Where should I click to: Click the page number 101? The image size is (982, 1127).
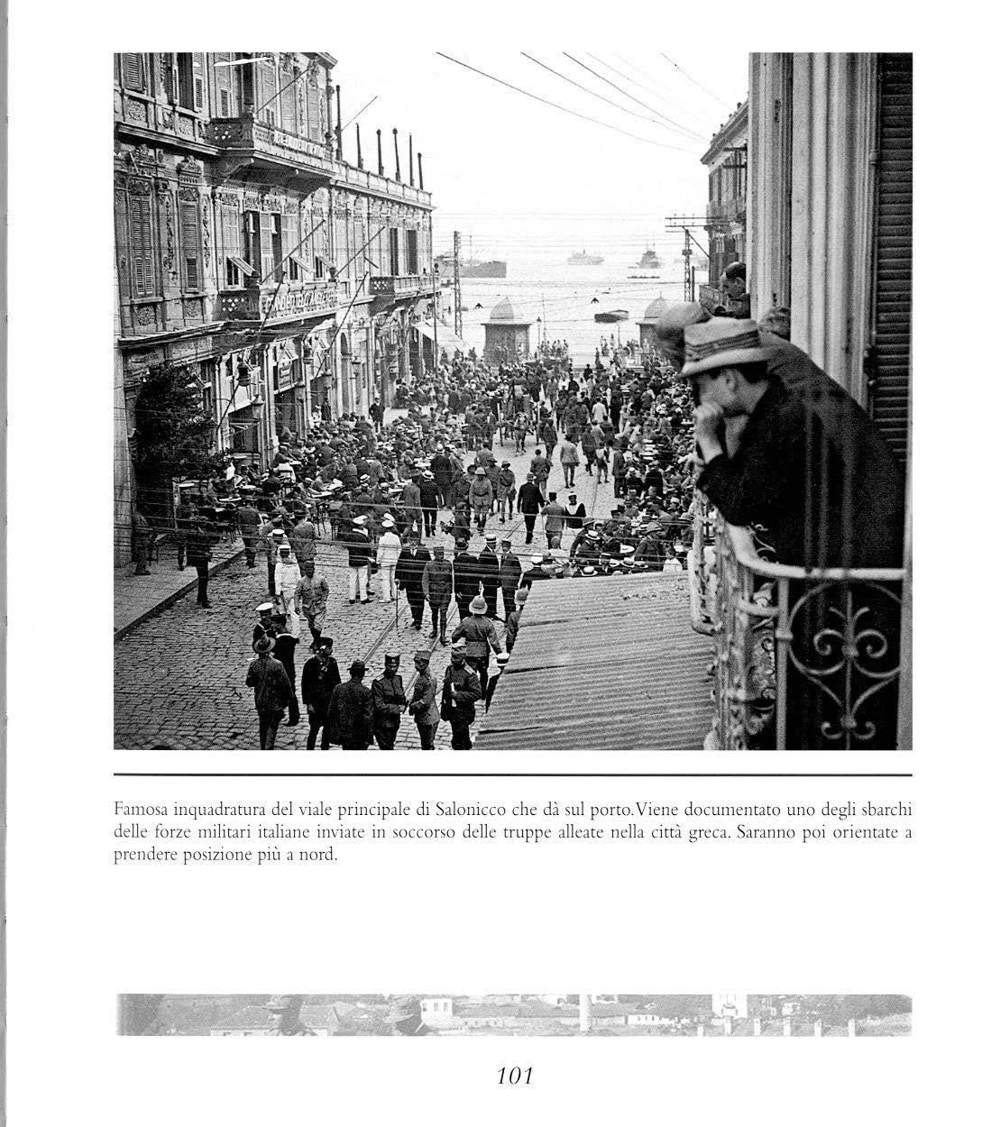click(515, 1075)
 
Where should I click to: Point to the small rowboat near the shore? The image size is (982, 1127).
click(611, 316)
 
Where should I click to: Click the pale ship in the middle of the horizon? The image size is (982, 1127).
click(584, 258)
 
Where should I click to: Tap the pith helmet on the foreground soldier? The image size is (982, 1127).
click(477, 605)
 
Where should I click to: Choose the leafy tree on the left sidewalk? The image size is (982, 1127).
click(172, 424)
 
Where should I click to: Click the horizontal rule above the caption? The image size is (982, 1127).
click(513, 774)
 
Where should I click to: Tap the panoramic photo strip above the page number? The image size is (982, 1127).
click(513, 1014)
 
